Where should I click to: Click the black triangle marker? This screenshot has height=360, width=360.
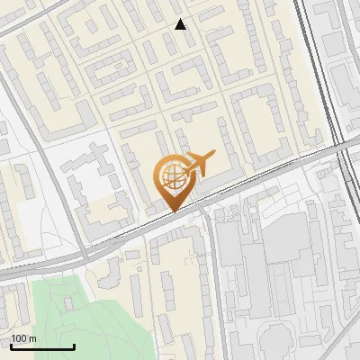[181, 24]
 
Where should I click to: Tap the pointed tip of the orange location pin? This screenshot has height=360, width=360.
[174, 211]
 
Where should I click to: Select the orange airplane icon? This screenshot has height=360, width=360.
[199, 163]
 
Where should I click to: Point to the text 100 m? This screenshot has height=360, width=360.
[23, 338]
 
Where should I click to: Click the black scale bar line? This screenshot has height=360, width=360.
[42, 346]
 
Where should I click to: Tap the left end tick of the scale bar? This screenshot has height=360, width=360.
[11, 345]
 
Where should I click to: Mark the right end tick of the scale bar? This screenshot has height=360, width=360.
[74, 345]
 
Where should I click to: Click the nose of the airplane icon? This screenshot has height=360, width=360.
[215, 155]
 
